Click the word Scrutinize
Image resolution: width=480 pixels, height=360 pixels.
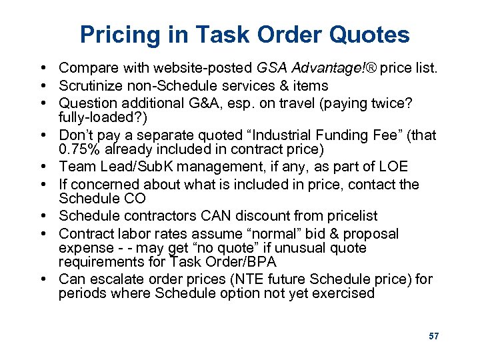(x=90, y=86)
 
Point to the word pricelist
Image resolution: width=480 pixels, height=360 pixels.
(x=350, y=216)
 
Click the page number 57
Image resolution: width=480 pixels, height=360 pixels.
(x=434, y=336)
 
